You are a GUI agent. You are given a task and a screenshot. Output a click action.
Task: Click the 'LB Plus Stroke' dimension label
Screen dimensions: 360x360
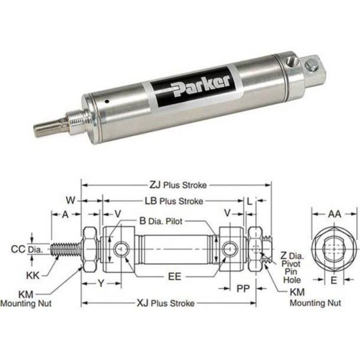174,201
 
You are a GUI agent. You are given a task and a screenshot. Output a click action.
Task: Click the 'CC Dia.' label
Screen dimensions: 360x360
24,250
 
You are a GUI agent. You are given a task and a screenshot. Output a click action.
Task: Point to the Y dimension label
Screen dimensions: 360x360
101,284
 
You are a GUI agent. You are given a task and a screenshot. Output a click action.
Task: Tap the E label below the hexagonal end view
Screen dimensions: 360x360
334,282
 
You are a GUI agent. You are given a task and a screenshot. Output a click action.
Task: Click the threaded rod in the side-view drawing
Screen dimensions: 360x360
65,250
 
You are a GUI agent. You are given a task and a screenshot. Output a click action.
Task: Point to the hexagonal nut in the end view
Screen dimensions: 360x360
334,248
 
